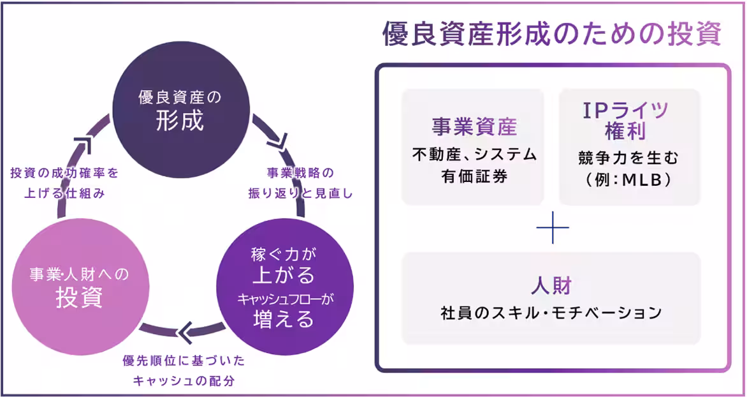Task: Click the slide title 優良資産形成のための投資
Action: click(551, 35)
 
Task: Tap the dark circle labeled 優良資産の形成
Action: click(180, 109)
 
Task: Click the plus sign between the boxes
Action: click(552, 228)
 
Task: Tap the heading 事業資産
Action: click(474, 126)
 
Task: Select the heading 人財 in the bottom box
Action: click(551, 285)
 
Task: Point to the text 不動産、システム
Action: click(474, 154)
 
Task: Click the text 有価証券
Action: click(474, 176)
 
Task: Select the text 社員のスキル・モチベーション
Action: click(551, 313)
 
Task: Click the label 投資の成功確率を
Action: click(65, 173)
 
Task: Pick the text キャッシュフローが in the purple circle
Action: click(284, 297)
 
